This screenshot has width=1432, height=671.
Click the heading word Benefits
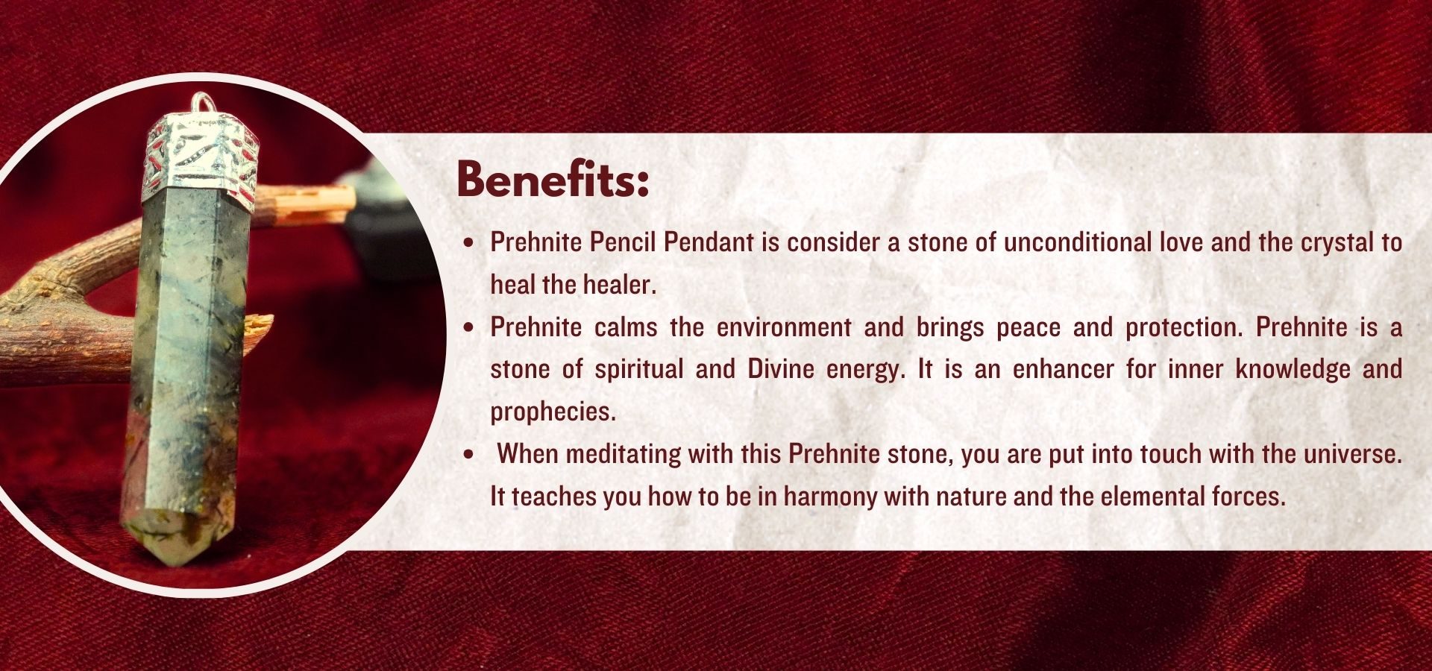tap(553, 180)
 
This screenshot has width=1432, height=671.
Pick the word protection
tap(1184, 327)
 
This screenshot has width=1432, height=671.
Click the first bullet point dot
tap(468, 243)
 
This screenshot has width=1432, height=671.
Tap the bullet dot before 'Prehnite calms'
tap(468, 328)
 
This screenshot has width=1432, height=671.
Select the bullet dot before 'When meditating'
tap(468, 455)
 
